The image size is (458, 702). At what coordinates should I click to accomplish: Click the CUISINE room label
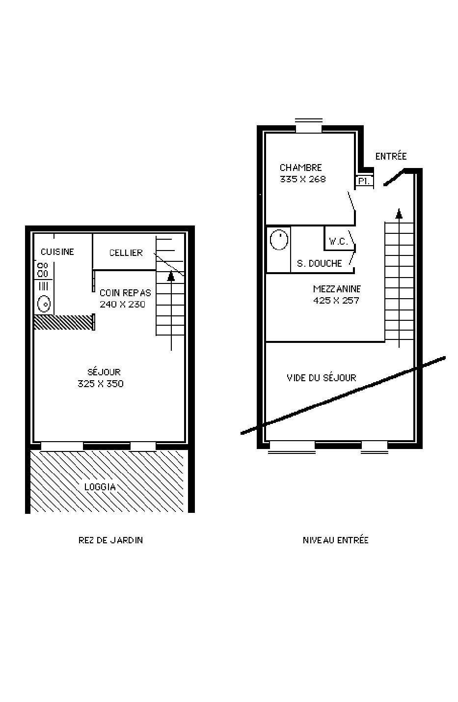[x=57, y=252]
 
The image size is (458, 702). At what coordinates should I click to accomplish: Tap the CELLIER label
[x=126, y=253]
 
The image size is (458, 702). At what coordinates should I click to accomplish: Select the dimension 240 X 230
[x=122, y=304]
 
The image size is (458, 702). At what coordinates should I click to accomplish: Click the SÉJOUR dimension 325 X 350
[x=101, y=384]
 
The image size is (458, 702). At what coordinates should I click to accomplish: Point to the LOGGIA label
[x=100, y=487]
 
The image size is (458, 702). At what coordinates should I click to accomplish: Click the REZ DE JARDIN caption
[x=110, y=540]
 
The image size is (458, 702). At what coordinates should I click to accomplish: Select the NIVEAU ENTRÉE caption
[x=335, y=540]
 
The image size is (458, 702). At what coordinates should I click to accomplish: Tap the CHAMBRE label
[x=300, y=168]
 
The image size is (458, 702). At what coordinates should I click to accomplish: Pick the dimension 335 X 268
[x=303, y=179]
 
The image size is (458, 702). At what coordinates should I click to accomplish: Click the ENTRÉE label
[x=391, y=156]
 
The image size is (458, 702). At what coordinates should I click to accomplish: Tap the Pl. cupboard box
[x=364, y=181]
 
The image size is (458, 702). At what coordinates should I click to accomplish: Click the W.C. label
[x=338, y=241]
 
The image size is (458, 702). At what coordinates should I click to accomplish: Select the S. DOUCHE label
[x=319, y=263]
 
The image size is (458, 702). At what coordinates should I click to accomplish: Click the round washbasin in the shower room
[x=279, y=240]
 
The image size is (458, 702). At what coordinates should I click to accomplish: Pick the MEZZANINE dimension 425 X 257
[x=336, y=300]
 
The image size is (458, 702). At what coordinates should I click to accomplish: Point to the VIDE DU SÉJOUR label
[x=321, y=377]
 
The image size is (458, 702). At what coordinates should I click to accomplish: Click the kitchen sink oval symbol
[x=44, y=304]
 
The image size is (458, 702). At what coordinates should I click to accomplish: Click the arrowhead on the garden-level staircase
[x=171, y=276]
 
